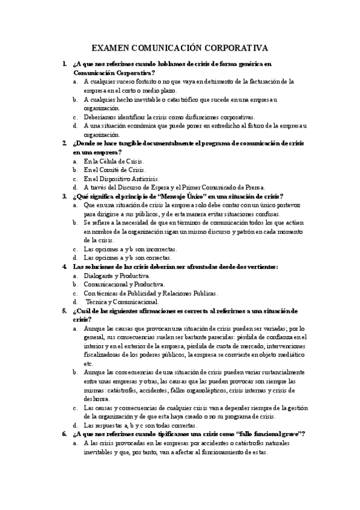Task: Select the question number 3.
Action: [x=64, y=196]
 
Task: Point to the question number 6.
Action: [x=64, y=434]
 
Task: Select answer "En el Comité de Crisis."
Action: [x=112, y=170]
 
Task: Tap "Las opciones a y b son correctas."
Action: [x=127, y=257]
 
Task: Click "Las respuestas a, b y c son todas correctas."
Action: [x=142, y=425]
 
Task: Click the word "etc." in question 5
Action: [x=89, y=363]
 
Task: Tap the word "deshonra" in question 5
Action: [x=98, y=398]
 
